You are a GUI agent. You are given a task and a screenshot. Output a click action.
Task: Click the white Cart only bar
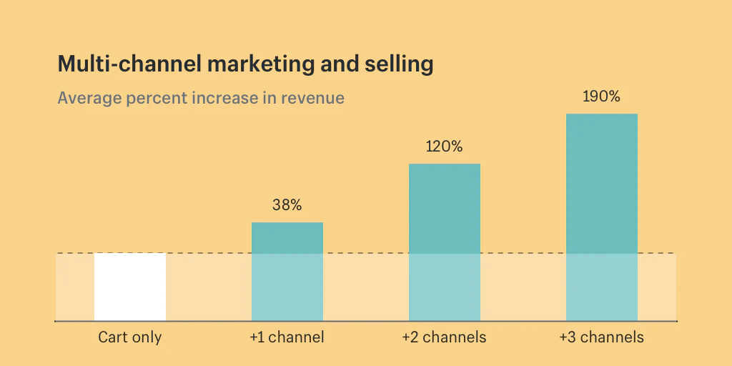(130, 287)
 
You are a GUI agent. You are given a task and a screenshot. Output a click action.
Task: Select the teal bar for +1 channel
(287, 272)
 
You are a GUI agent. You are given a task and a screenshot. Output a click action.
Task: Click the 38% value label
(287, 205)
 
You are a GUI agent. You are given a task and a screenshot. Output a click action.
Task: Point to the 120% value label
(445, 147)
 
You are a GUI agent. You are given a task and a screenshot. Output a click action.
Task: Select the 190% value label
(602, 97)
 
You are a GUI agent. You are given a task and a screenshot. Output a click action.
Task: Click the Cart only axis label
(130, 337)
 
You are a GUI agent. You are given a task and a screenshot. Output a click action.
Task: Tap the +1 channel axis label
(287, 337)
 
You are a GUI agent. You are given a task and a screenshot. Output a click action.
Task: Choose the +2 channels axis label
(445, 337)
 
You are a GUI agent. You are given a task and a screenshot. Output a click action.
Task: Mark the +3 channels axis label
(602, 337)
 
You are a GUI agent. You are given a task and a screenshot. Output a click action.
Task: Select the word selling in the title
(402, 65)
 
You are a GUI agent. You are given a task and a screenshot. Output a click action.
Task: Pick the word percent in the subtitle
(156, 98)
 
